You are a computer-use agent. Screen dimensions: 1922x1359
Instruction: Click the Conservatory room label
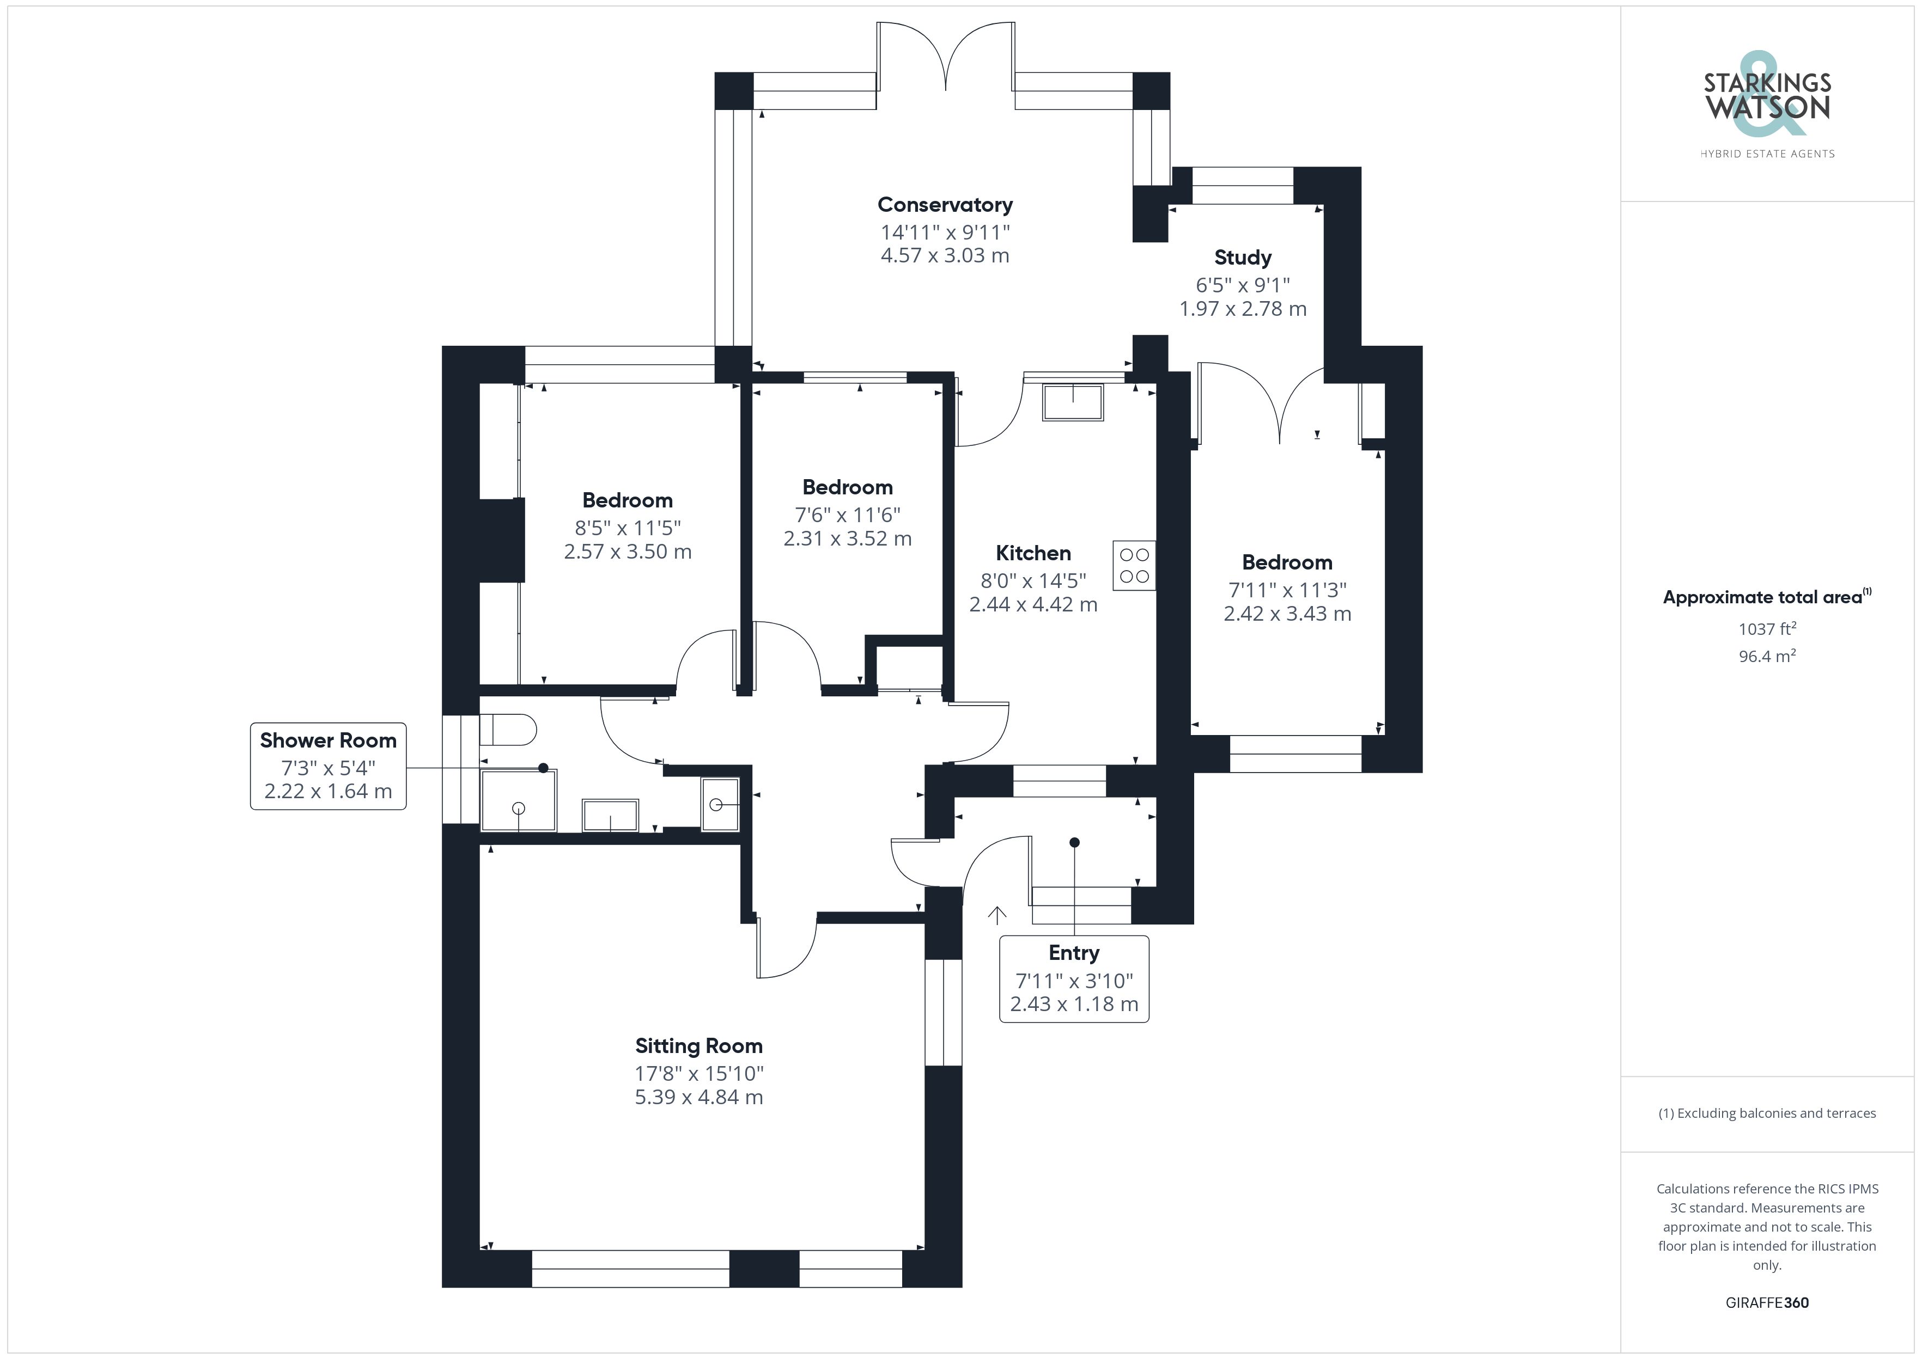click(x=945, y=205)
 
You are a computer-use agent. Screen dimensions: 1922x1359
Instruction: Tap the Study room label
click(x=1243, y=258)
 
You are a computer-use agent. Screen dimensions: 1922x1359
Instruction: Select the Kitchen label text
click(x=1033, y=553)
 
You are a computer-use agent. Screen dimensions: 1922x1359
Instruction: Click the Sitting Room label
click(x=699, y=1046)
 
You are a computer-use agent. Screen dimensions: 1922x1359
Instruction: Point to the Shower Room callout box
click(x=328, y=766)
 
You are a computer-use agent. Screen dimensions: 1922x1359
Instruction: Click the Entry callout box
click(x=1074, y=978)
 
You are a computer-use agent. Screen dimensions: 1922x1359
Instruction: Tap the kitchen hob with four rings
click(x=1134, y=566)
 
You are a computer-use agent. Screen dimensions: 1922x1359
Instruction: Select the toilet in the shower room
click(x=508, y=729)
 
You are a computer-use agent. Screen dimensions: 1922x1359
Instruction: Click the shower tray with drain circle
click(x=518, y=801)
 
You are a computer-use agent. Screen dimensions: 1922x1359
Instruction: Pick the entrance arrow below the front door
click(x=996, y=915)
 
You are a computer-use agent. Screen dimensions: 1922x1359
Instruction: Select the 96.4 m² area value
click(x=1767, y=656)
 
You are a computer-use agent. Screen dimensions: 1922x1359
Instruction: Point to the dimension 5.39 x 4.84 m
click(x=699, y=1097)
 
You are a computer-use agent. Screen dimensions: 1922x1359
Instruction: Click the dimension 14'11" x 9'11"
click(x=945, y=232)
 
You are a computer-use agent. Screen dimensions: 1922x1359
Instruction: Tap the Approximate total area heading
click(x=1767, y=597)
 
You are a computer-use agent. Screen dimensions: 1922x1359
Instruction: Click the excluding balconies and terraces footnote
click(x=1767, y=1113)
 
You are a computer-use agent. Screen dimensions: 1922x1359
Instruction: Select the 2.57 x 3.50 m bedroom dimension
click(x=628, y=552)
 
